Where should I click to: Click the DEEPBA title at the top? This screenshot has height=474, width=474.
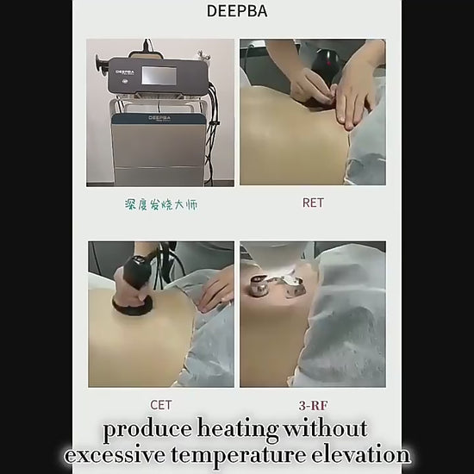coord(237,11)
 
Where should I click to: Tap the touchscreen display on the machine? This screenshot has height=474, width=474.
coord(159,75)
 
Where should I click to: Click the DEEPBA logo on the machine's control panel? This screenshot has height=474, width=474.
coord(125,72)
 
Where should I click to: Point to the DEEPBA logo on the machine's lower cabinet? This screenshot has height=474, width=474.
coord(159,117)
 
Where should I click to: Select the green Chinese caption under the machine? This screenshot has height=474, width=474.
coord(161,204)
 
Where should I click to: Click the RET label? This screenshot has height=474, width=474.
coord(313,203)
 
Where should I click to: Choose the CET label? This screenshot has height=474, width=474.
coord(161,405)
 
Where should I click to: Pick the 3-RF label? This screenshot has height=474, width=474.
coord(313,405)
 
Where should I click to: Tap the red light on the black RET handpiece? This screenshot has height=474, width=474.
coord(328,63)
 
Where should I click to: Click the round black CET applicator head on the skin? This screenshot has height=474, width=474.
coord(132,305)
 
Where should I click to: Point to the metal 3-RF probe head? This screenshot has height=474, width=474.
coord(259,285)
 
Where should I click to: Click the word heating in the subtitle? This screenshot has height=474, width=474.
coord(237,429)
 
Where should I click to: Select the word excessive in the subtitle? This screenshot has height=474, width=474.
coord(115,455)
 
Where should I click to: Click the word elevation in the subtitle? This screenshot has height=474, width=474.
coord(360,454)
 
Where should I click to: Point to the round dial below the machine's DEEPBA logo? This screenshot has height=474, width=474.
coord(125,81)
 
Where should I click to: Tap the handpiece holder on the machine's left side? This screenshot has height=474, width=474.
coord(101,65)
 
